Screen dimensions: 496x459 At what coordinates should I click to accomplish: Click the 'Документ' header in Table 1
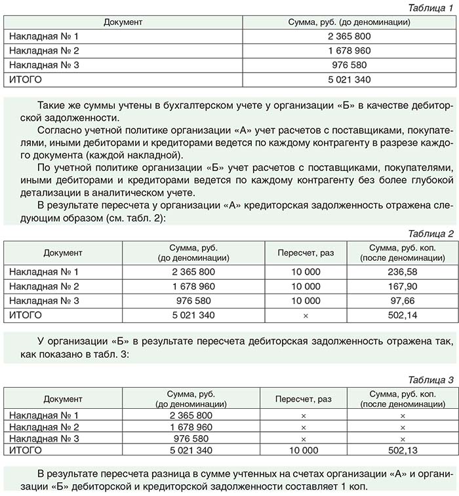123,22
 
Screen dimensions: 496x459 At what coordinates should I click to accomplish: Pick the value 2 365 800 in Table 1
349,37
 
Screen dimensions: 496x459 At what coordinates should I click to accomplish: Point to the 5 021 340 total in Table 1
349,80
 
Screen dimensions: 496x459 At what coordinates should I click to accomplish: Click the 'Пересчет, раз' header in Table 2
306,252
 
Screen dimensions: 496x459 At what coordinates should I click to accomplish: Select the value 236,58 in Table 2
402,272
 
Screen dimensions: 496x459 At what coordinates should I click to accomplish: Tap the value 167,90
402,286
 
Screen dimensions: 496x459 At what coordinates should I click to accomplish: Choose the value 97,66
402,301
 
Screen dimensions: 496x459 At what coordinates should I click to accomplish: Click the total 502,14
402,315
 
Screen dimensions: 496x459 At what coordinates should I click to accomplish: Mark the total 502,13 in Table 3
402,451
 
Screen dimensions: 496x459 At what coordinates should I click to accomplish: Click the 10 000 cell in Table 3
303,451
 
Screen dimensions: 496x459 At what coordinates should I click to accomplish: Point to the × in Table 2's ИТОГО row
306,315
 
